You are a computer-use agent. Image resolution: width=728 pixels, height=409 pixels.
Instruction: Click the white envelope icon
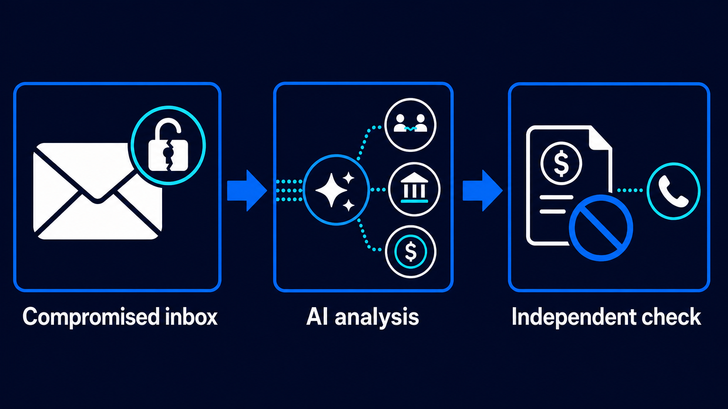(x=98, y=192)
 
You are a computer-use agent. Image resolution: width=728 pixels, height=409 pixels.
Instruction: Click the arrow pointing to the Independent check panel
(x=482, y=191)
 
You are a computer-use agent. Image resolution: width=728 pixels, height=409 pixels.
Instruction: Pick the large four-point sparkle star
(x=331, y=190)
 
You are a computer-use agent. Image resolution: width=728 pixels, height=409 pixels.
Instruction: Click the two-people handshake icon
(x=410, y=123)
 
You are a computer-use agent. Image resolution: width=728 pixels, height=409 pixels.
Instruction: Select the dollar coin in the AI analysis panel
(x=410, y=251)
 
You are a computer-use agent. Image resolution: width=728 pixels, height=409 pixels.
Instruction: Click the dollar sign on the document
(x=561, y=163)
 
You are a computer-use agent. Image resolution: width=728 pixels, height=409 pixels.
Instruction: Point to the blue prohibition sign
(x=601, y=228)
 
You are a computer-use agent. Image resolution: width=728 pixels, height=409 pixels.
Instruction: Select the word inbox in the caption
(x=191, y=317)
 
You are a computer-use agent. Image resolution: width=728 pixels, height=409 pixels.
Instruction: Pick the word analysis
(x=377, y=318)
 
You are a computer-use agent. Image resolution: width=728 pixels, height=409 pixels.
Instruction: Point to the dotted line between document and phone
(x=630, y=191)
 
